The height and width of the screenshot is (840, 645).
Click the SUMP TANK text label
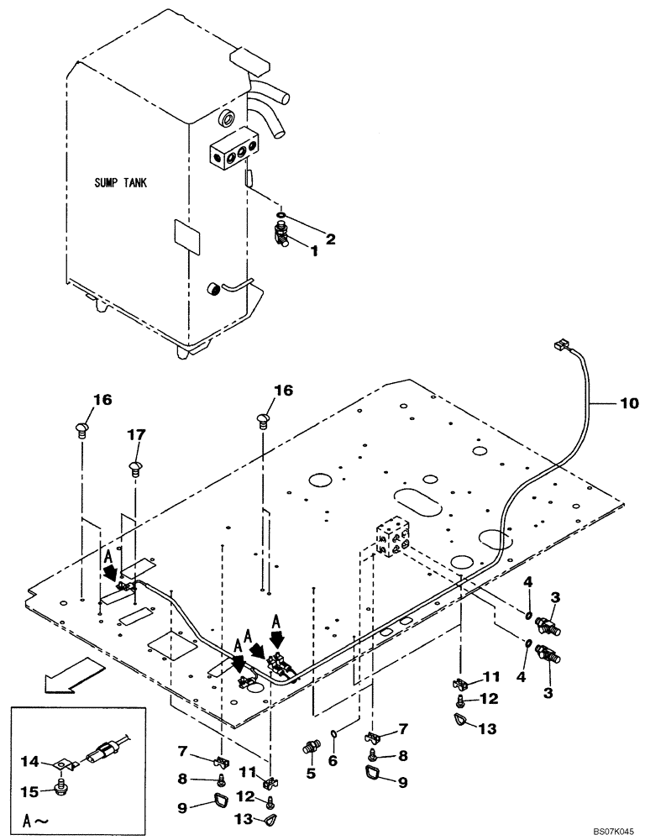(119, 183)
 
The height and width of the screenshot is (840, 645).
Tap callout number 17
(136, 435)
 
